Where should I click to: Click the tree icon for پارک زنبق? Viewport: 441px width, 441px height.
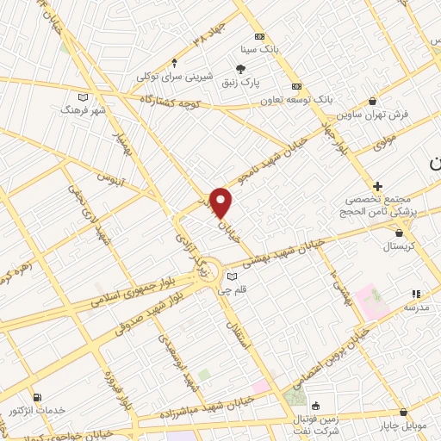click(x=243, y=69)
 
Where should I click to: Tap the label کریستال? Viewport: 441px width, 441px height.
click(x=399, y=245)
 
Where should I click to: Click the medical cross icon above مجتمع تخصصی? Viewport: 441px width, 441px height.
click(x=377, y=186)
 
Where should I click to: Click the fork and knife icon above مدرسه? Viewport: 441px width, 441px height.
click(x=417, y=294)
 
